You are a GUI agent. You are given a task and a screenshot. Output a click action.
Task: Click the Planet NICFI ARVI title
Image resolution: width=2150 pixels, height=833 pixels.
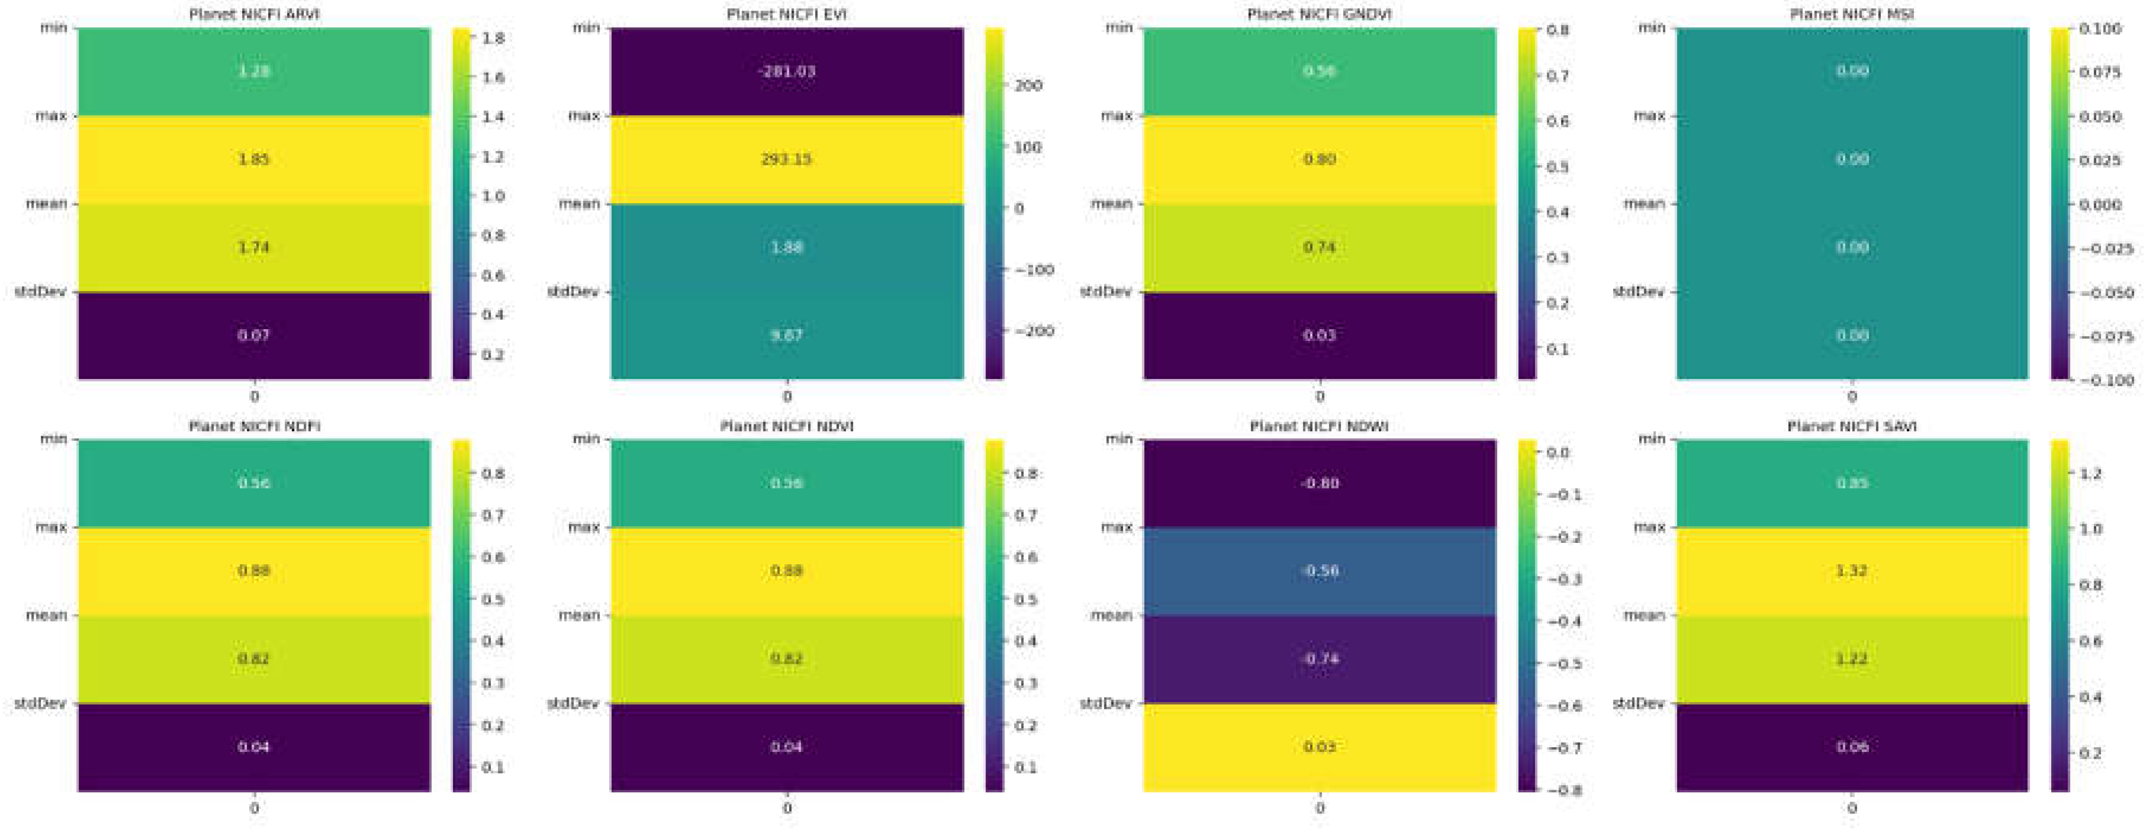tap(254, 14)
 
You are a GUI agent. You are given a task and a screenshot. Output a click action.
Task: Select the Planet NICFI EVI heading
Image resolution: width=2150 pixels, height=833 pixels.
tap(786, 14)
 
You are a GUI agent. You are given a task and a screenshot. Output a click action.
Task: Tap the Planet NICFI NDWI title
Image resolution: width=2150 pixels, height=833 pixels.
tap(1319, 426)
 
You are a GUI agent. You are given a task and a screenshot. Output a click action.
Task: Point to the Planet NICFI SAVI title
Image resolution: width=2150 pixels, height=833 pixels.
tap(1851, 426)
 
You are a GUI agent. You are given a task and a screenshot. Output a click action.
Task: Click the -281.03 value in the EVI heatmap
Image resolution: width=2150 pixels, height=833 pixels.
tap(786, 71)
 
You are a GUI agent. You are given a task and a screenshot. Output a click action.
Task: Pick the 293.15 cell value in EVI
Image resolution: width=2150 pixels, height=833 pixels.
tap(786, 159)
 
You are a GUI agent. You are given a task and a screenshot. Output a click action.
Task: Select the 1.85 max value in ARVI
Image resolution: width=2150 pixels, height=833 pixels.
tap(254, 159)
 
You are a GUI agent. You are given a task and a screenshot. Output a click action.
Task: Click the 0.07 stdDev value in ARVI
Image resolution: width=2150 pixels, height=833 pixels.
tap(254, 336)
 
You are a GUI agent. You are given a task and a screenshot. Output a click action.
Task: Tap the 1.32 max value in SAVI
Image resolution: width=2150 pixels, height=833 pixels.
tap(1851, 571)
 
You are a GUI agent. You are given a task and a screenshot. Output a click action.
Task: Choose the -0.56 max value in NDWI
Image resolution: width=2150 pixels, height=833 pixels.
tap(1319, 571)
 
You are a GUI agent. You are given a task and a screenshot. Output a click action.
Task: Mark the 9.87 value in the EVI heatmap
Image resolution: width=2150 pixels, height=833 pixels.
tap(786, 336)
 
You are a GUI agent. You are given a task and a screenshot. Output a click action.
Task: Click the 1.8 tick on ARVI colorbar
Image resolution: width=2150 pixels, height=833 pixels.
tap(493, 37)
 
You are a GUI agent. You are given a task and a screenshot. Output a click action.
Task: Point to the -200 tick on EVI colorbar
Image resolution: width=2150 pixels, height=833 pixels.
tap(1035, 332)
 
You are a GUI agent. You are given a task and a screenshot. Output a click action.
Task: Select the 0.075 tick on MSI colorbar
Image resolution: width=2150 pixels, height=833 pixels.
tap(2100, 72)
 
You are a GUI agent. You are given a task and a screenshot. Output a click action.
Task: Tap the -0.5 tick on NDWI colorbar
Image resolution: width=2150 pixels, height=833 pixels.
tap(1564, 664)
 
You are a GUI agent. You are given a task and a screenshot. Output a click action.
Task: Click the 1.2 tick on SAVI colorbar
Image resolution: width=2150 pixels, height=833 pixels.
tap(2090, 473)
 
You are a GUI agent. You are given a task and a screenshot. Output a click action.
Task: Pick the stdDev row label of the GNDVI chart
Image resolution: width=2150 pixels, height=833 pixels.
tap(1105, 291)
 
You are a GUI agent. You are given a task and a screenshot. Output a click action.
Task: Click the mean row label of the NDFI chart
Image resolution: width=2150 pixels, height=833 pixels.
tap(46, 615)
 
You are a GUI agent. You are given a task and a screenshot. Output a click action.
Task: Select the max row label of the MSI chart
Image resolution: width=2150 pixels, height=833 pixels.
tap(1649, 115)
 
